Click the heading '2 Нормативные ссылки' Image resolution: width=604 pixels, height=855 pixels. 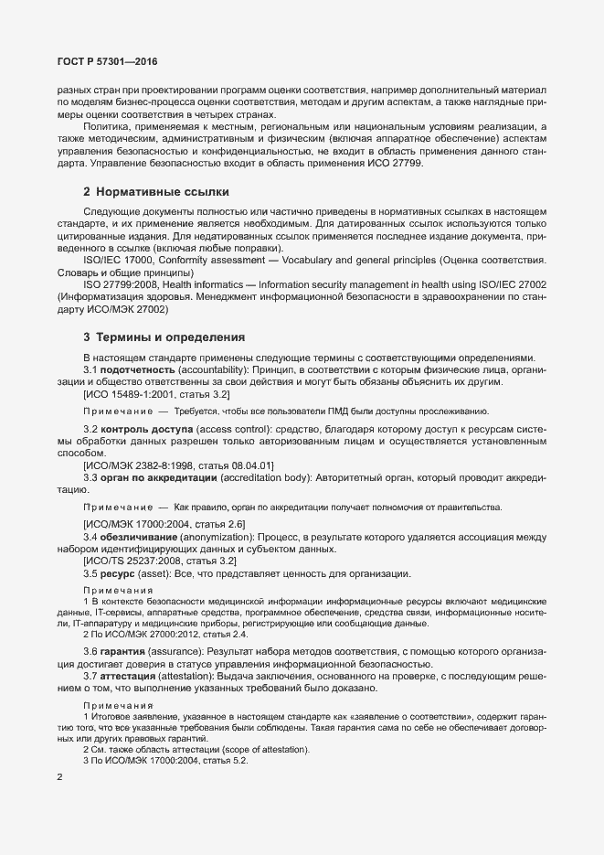click(155, 192)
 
